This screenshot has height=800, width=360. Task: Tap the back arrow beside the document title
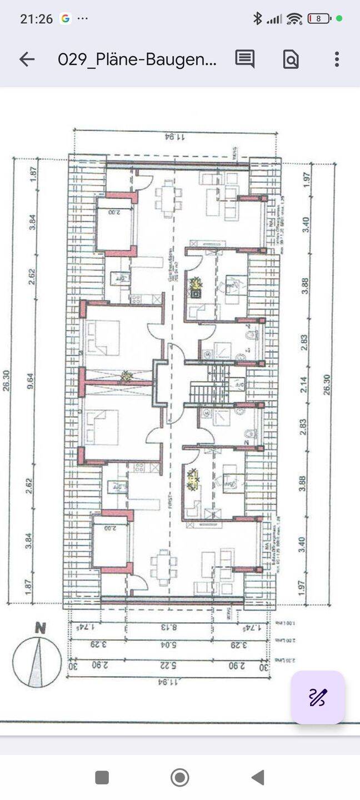tap(27, 59)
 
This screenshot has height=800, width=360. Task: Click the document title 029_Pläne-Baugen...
tap(137, 59)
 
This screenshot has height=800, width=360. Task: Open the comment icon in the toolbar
tap(244, 59)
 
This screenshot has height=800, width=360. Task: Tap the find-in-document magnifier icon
tap(291, 59)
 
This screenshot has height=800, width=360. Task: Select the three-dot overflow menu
tap(337, 59)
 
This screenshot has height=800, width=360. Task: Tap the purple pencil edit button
tap(318, 697)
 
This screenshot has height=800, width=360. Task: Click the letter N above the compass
tap(40, 629)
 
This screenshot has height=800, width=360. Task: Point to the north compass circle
tap(37, 662)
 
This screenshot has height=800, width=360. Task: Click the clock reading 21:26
tap(36, 19)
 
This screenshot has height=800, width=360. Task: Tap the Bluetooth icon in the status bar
tap(257, 19)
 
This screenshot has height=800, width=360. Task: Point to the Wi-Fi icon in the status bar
tap(294, 19)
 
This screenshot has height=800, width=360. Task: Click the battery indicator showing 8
tap(319, 19)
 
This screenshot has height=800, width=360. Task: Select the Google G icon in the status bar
tap(66, 19)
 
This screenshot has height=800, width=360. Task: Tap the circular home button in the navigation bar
tap(179, 777)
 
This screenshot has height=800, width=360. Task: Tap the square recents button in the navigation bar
tap(102, 777)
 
